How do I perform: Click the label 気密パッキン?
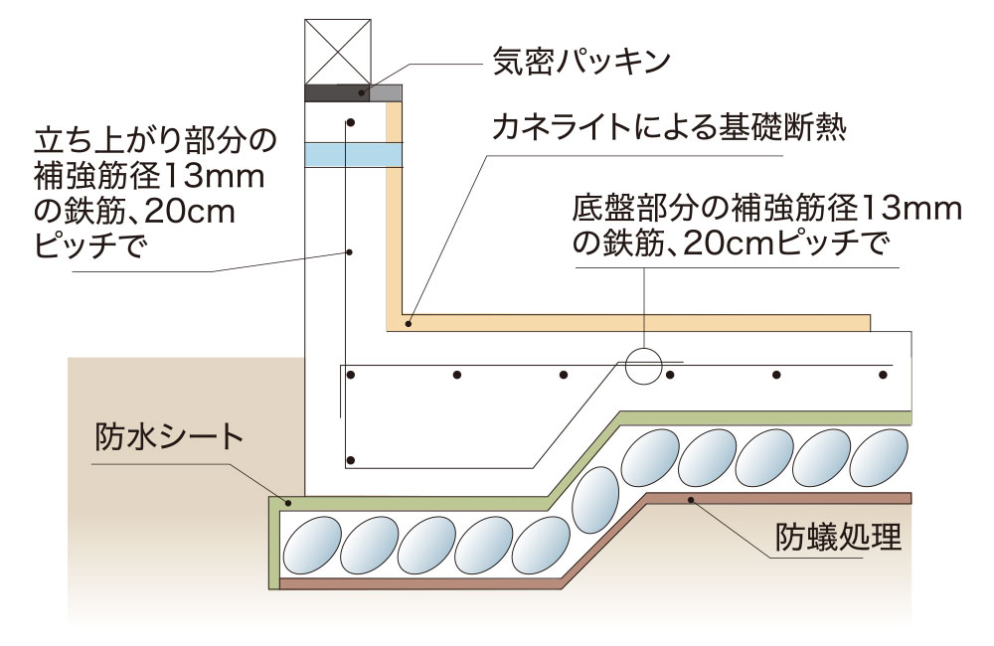pos(582,61)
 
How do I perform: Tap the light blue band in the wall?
pos(354,154)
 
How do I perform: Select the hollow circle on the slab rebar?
pos(643,365)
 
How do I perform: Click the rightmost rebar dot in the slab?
pos(883,375)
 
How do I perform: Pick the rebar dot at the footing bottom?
pos(350,460)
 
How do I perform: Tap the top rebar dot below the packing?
pos(350,122)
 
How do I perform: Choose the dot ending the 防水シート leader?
pos(286,505)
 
